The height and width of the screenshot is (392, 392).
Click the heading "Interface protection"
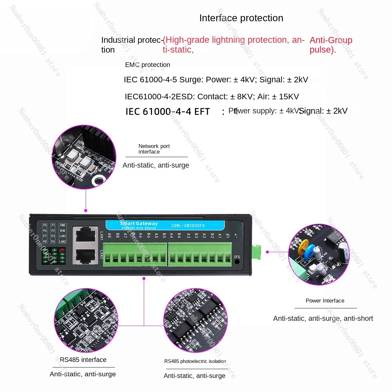coord(241,18)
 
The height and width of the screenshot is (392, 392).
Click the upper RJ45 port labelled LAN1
coord(85,234)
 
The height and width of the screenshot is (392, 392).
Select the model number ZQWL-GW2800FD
coord(188,225)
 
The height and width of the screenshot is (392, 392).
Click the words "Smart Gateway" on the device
coord(139,223)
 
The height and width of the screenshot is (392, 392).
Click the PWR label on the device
coord(62,225)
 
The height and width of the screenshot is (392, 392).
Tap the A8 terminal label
coord(109,235)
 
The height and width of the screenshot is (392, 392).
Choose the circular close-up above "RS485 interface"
coord(86,320)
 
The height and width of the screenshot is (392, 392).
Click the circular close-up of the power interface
coord(318,254)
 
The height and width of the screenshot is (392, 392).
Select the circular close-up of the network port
coord(84,157)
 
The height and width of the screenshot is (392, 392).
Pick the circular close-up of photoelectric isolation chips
coord(195,320)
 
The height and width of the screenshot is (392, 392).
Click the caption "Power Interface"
coord(325,301)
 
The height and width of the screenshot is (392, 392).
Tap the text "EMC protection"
coord(147,65)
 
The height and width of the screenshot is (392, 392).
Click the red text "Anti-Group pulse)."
coord(331,45)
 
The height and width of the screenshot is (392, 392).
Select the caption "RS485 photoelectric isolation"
coord(195,361)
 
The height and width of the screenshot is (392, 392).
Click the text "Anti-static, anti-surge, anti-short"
coord(323,318)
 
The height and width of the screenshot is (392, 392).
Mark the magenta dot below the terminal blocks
coord(144,278)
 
